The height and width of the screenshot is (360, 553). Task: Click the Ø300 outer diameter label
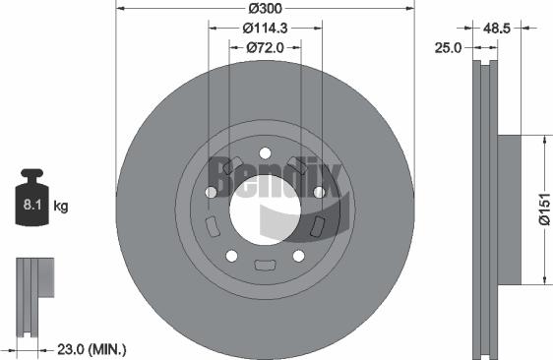point(264,9)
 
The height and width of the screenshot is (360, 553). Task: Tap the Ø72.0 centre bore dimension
point(264,46)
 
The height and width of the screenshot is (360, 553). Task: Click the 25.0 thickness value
point(451,47)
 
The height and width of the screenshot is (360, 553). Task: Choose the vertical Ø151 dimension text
point(542,209)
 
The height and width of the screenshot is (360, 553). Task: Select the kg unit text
point(61,207)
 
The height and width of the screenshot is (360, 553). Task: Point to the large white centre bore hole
point(264,208)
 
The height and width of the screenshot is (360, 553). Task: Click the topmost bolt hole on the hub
point(264,152)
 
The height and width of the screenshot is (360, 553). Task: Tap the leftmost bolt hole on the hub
point(211,193)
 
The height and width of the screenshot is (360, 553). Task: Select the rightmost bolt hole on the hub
point(318,193)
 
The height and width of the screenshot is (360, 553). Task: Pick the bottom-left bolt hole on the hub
point(231,255)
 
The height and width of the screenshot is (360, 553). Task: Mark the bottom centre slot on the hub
point(264,265)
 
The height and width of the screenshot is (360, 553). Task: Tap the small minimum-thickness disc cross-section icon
point(31,293)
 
